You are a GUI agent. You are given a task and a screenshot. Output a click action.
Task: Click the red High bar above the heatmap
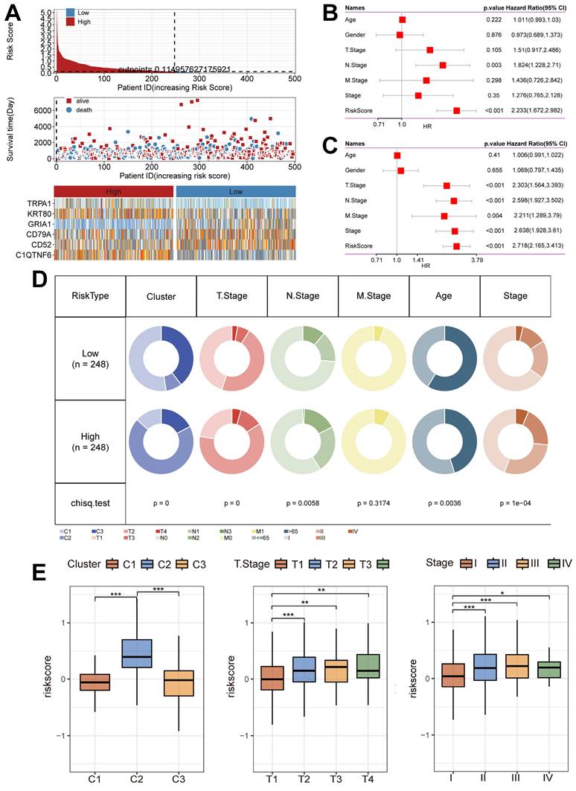tap(115, 191)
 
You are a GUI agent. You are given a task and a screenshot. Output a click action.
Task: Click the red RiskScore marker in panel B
tap(456, 110)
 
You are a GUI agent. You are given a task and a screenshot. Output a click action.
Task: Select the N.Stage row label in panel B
tap(356, 65)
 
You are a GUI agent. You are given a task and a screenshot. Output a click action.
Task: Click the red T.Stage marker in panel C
tap(447, 185)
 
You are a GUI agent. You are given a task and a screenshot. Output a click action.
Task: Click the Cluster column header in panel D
tap(161, 295)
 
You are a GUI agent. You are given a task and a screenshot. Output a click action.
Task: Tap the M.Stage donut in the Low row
tap(373, 359)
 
